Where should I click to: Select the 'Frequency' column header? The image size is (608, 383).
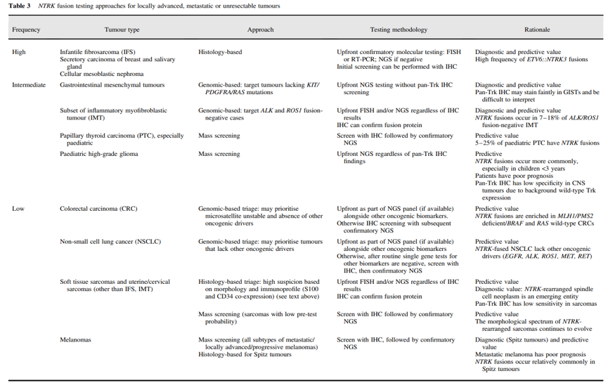pyautogui.click(x=26, y=30)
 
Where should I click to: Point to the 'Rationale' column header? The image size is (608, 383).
pyautogui.click(x=537, y=30)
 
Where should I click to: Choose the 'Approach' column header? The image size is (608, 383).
pyautogui.click(x=260, y=30)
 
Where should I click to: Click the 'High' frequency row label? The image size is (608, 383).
pyautogui.click(x=18, y=53)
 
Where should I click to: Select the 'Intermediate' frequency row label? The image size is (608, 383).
pyautogui.click(x=29, y=85)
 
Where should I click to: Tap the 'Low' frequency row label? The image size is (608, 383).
pyautogui.click(x=18, y=209)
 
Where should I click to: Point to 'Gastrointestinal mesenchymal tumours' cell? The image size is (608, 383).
pyautogui.click(x=112, y=85)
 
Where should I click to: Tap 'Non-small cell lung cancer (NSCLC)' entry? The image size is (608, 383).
pyautogui.click(x=110, y=242)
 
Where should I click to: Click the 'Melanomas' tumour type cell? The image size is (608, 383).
pyautogui.click(x=75, y=340)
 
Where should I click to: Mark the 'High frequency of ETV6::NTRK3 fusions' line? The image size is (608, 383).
pyautogui.click(x=531, y=60)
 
